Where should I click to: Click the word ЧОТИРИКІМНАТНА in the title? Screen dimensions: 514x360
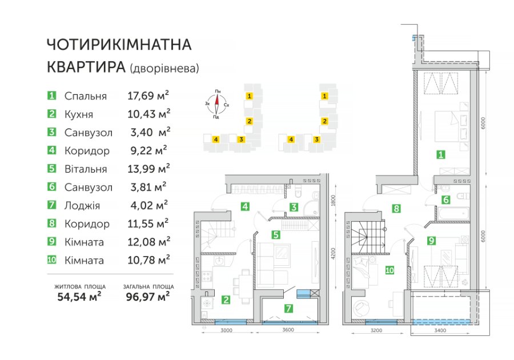119,45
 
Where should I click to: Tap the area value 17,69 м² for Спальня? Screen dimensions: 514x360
148,95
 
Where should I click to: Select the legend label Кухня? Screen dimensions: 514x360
79,114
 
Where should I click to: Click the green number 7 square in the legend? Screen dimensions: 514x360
52,205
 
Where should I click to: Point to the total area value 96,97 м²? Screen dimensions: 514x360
148,297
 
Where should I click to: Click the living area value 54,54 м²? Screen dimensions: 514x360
79,297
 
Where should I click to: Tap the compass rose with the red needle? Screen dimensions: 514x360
216,104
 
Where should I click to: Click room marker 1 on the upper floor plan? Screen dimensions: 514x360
441,154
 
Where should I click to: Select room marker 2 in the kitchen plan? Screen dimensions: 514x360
226,299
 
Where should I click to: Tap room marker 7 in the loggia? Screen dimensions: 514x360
288,308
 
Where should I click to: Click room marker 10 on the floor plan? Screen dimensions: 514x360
389,270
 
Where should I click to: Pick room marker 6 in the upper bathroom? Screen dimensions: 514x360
446,199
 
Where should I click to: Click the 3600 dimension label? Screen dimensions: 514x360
288,330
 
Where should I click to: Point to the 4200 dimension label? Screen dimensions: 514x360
333,254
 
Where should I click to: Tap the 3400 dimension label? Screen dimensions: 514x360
440,330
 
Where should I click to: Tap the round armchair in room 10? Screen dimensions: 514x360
362,309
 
